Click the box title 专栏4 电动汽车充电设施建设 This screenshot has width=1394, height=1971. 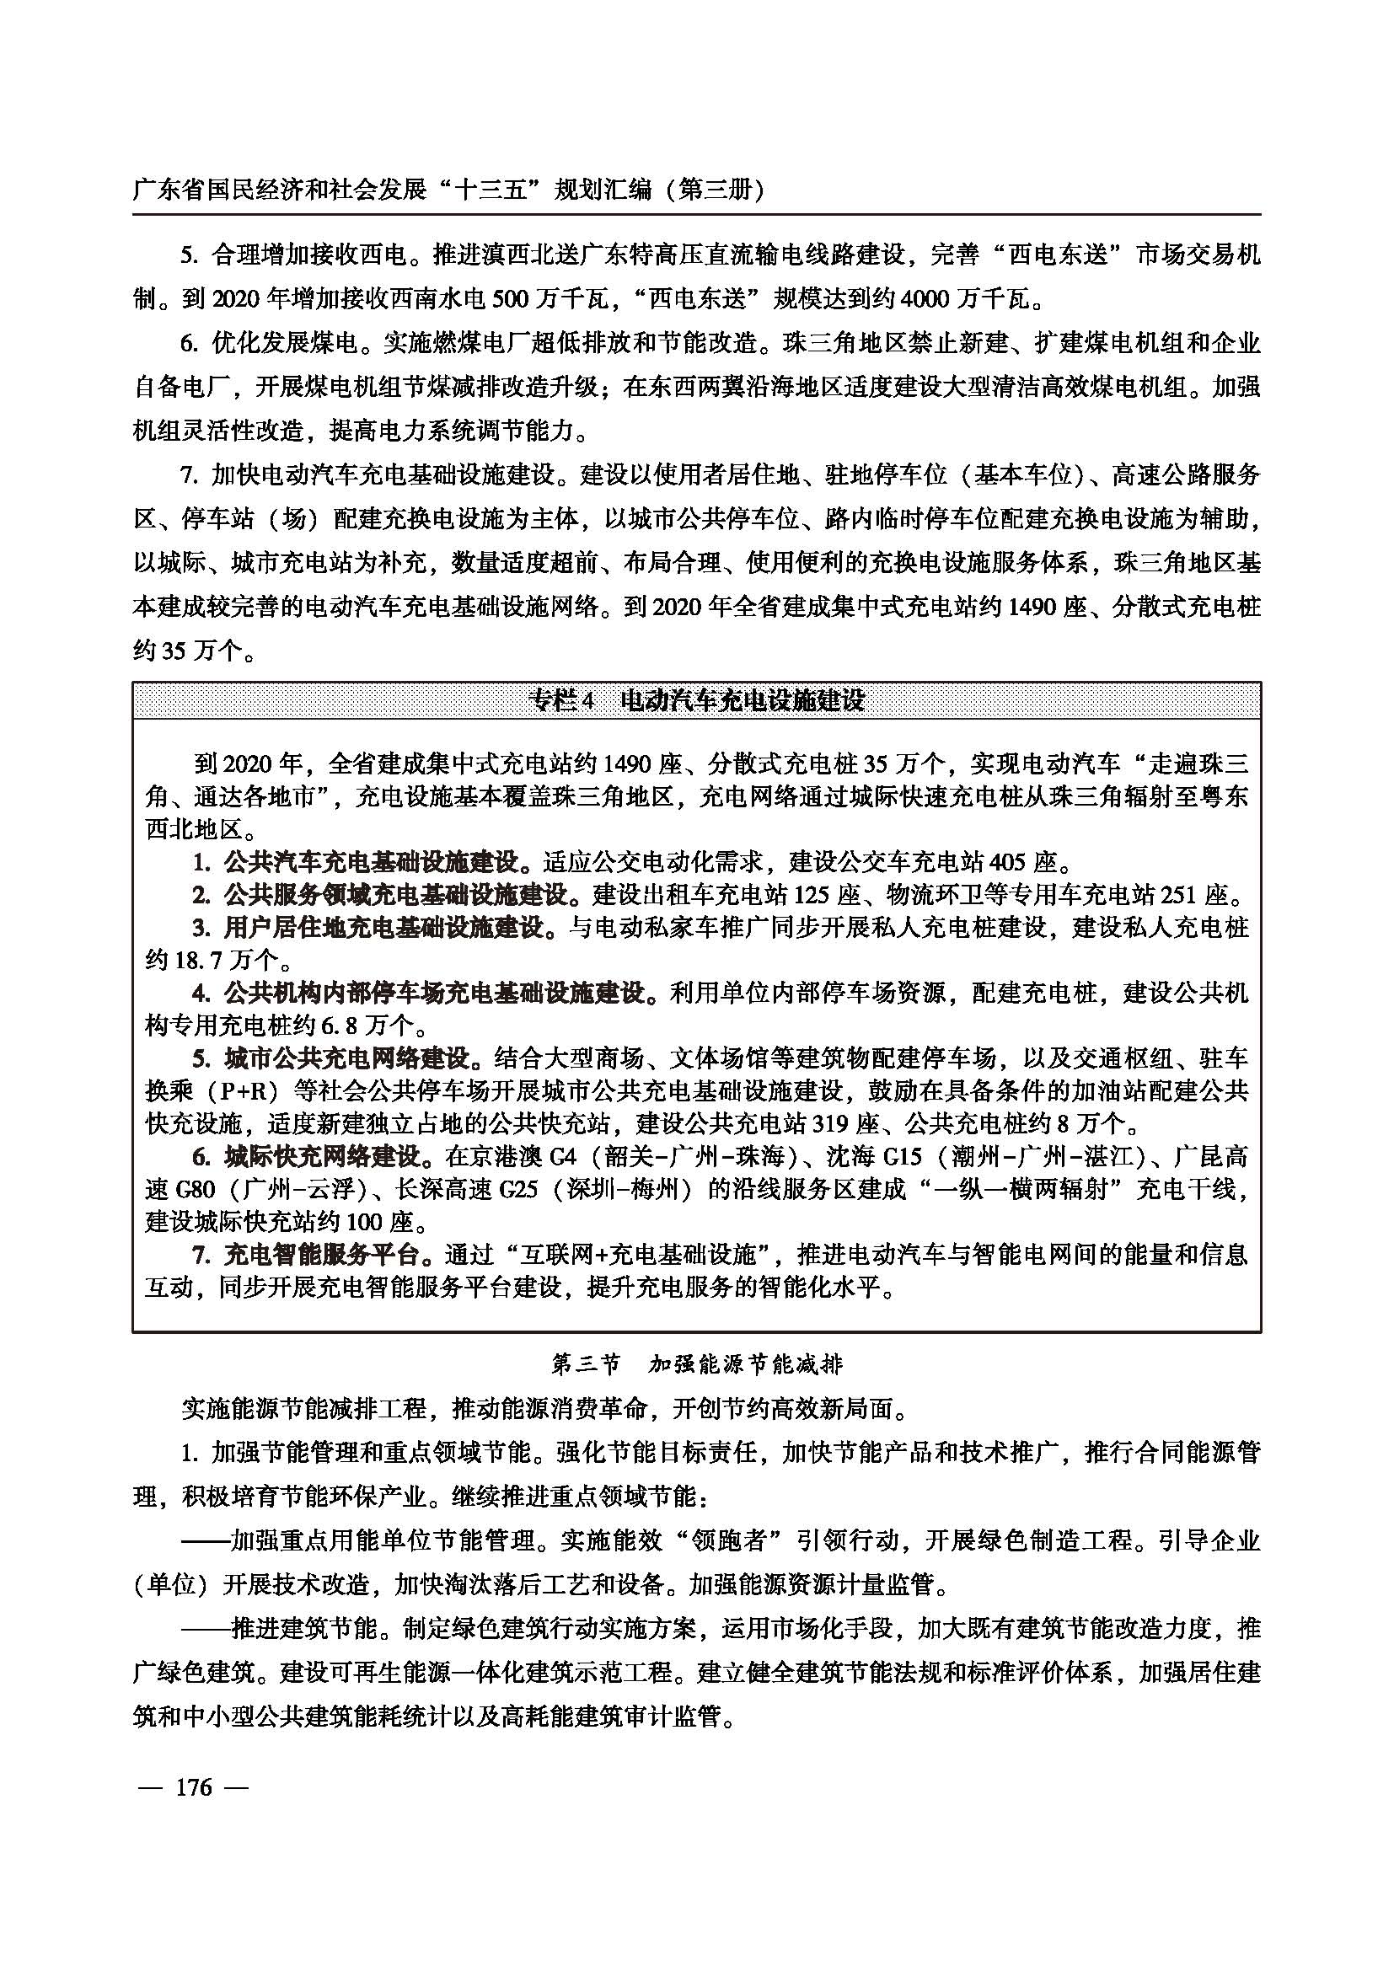[696, 700]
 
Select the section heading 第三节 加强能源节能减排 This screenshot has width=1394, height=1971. [696, 1363]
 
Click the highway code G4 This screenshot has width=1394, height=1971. [560, 1157]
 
